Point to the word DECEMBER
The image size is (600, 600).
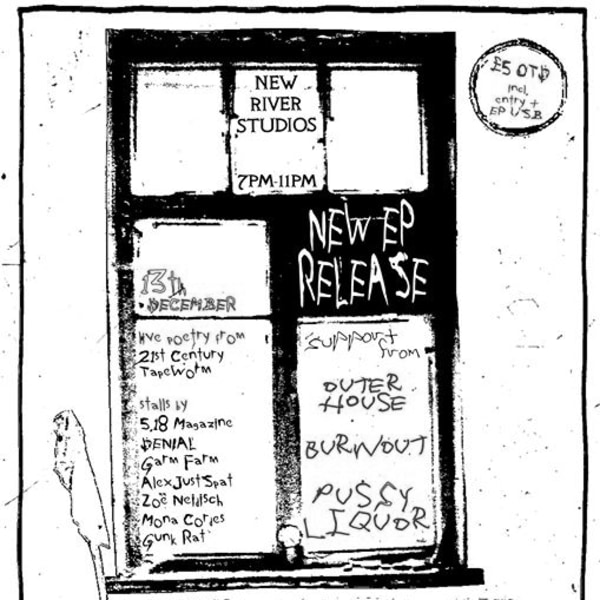(x=192, y=304)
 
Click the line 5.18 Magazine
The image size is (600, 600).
(x=187, y=425)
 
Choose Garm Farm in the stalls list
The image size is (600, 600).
(x=173, y=462)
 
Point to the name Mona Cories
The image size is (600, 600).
(x=183, y=520)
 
